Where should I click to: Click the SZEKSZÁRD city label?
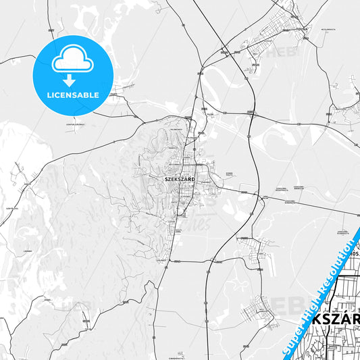pos(180,180)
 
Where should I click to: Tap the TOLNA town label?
pos(301,30)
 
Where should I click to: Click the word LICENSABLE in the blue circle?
pos(72,95)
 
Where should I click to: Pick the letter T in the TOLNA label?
pos(296,30)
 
